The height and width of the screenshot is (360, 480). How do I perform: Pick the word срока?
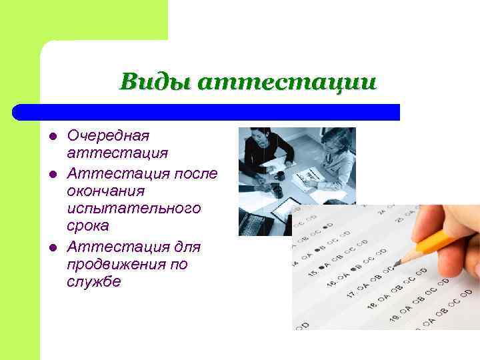point(89,227)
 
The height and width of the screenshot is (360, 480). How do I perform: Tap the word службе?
point(93,282)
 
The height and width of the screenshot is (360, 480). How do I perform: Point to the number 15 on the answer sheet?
point(311,273)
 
